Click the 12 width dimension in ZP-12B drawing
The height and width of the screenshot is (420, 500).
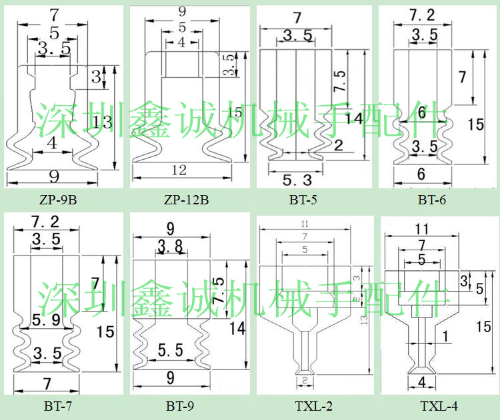coord(179,170)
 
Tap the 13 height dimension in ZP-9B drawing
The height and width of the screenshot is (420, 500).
coord(104,122)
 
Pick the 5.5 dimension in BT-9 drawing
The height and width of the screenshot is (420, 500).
coord(171,349)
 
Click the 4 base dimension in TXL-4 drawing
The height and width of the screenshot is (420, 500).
coord(421,382)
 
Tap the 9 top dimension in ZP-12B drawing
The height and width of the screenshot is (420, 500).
coord(183,11)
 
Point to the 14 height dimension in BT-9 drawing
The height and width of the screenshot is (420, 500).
coord(237,327)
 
